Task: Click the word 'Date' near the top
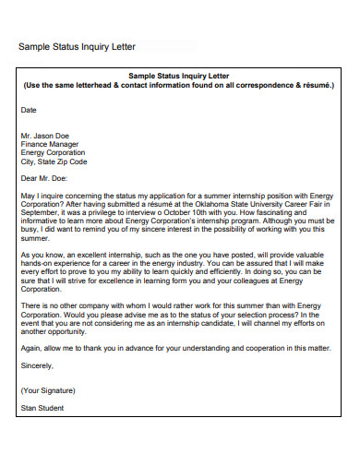[x=29, y=109]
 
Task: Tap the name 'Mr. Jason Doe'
[x=45, y=135]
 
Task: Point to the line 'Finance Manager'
[x=49, y=143]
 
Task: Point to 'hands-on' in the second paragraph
[x=36, y=263]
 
